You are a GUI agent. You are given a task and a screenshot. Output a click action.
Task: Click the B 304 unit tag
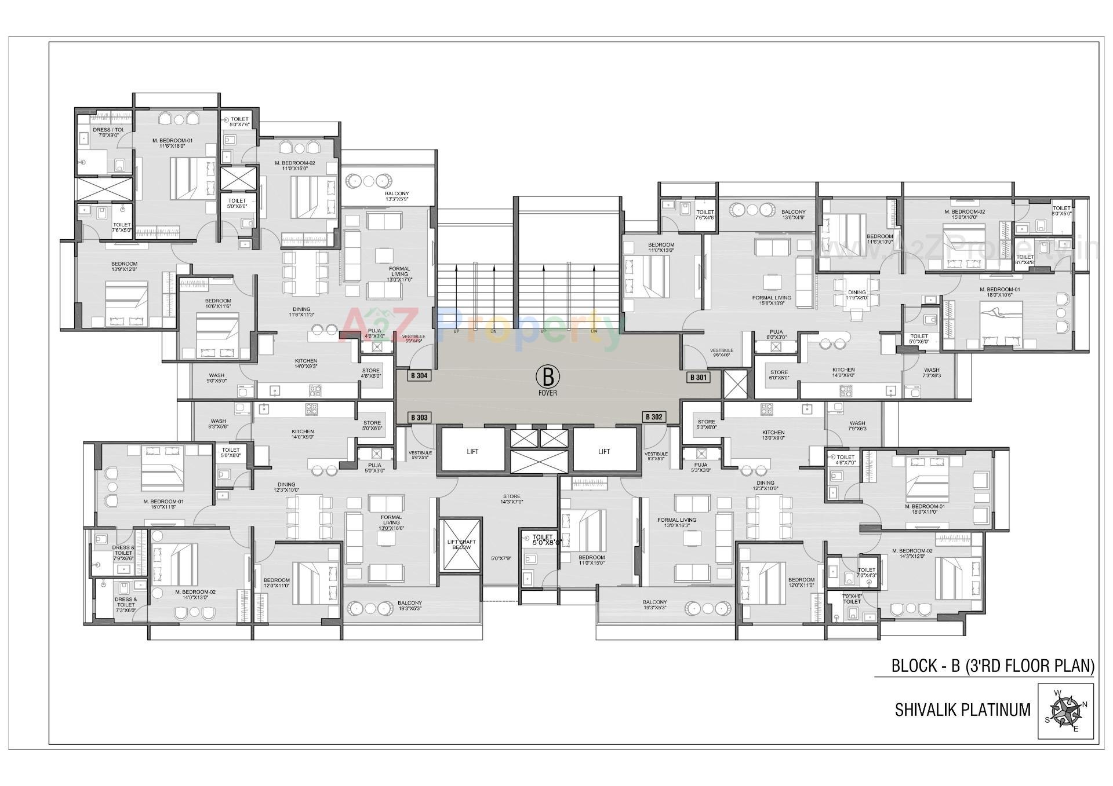coord(419,376)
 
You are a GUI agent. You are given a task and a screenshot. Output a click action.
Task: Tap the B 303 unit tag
coord(419,418)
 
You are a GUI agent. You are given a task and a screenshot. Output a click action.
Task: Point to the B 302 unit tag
coord(653,417)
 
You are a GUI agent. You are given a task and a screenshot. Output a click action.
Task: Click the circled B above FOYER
coord(547,377)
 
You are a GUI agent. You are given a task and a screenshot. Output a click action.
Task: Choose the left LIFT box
coord(472,451)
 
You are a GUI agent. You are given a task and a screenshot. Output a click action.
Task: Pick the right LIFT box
coord(604,451)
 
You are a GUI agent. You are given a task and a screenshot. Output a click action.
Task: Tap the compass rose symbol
coord(1065,711)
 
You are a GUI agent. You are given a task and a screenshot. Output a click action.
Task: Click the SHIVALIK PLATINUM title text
coord(963,710)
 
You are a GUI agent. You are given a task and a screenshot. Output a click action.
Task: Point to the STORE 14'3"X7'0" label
coord(512,499)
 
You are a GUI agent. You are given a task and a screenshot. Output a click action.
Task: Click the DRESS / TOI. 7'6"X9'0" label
coord(108,133)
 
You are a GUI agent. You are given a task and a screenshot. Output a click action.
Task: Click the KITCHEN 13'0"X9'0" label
coord(773,436)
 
